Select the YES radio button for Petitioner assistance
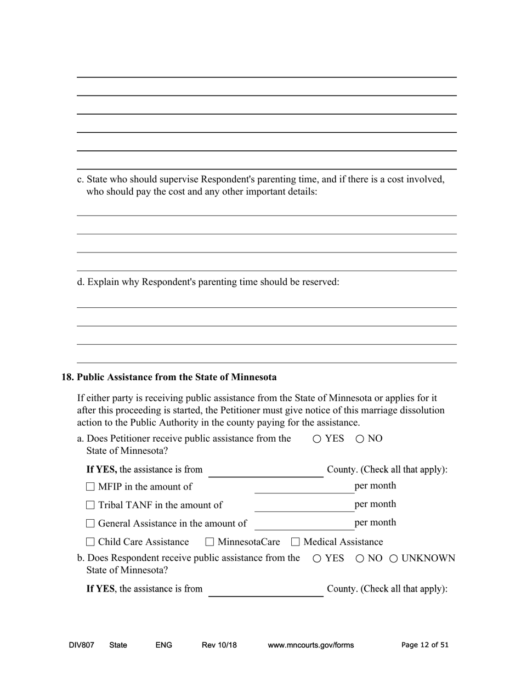(x=317, y=439)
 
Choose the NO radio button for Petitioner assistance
(x=360, y=439)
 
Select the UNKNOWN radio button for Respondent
(x=394, y=559)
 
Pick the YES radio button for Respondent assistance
(x=317, y=559)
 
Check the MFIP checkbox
(x=90, y=487)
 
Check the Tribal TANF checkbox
(x=90, y=505)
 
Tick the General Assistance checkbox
(x=90, y=524)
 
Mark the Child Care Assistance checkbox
(x=90, y=542)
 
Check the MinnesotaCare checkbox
(x=209, y=542)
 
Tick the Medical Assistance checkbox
(x=296, y=542)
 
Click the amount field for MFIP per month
(x=304, y=487)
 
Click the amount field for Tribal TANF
(x=304, y=505)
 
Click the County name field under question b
(x=265, y=590)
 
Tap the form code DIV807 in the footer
(x=81, y=645)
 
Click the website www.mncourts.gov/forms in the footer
(x=310, y=645)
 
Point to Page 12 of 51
(x=424, y=645)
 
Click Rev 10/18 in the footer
(x=219, y=645)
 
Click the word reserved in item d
(x=320, y=282)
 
